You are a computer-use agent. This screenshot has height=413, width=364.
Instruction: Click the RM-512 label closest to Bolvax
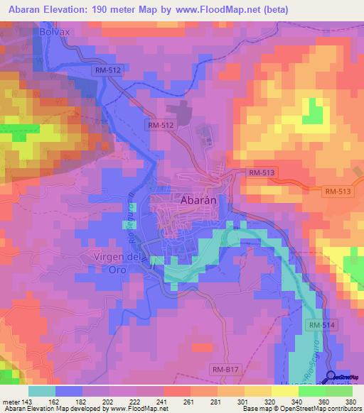pyautogui.click(x=107, y=70)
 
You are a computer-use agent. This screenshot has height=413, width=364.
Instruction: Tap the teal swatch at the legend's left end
pyautogui.click(x=42, y=390)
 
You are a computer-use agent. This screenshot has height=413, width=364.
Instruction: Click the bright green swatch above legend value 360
pyautogui.click(x=311, y=390)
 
